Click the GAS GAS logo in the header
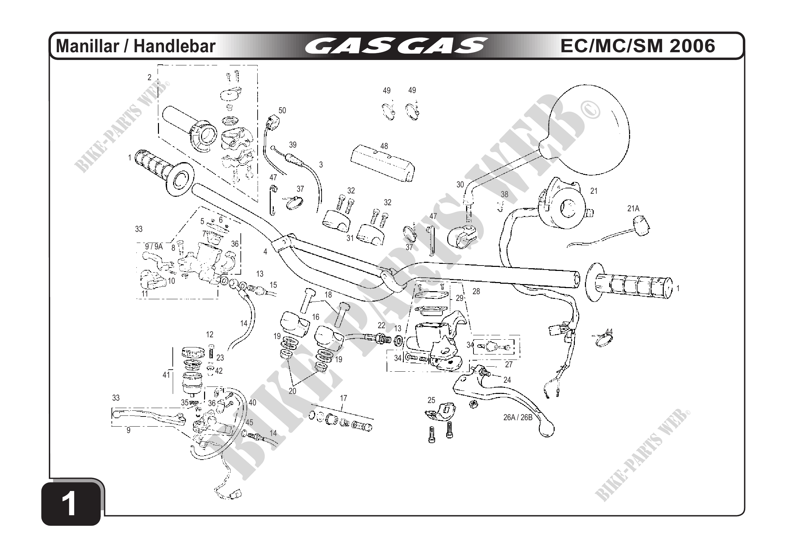coord(396,46)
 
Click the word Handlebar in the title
coord(174,46)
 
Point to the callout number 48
coord(384,146)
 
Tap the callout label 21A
coord(633,209)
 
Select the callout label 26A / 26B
coord(518,417)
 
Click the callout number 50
coord(282,111)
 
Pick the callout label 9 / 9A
coord(154,247)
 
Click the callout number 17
coord(343,398)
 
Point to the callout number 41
coord(166,375)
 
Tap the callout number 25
coord(431,400)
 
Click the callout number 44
coord(609,332)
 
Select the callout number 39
coord(292,145)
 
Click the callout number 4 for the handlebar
coord(265,252)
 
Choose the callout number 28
coord(476,291)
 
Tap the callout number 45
coord(249,423)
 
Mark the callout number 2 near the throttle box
coord(150,78)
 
